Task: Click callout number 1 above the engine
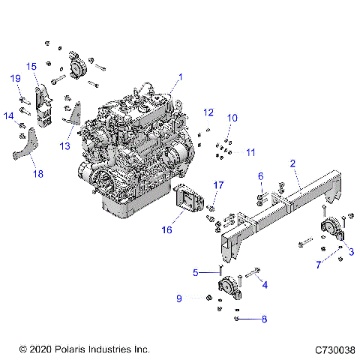click(x=180, y=77)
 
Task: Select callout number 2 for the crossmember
click(x=292, y=162)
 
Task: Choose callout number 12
click(x=208, y=112)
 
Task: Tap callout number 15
click(x=31, y=67)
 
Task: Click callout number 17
click(x=218, y=184)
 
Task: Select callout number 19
click(x=15, y=79)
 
